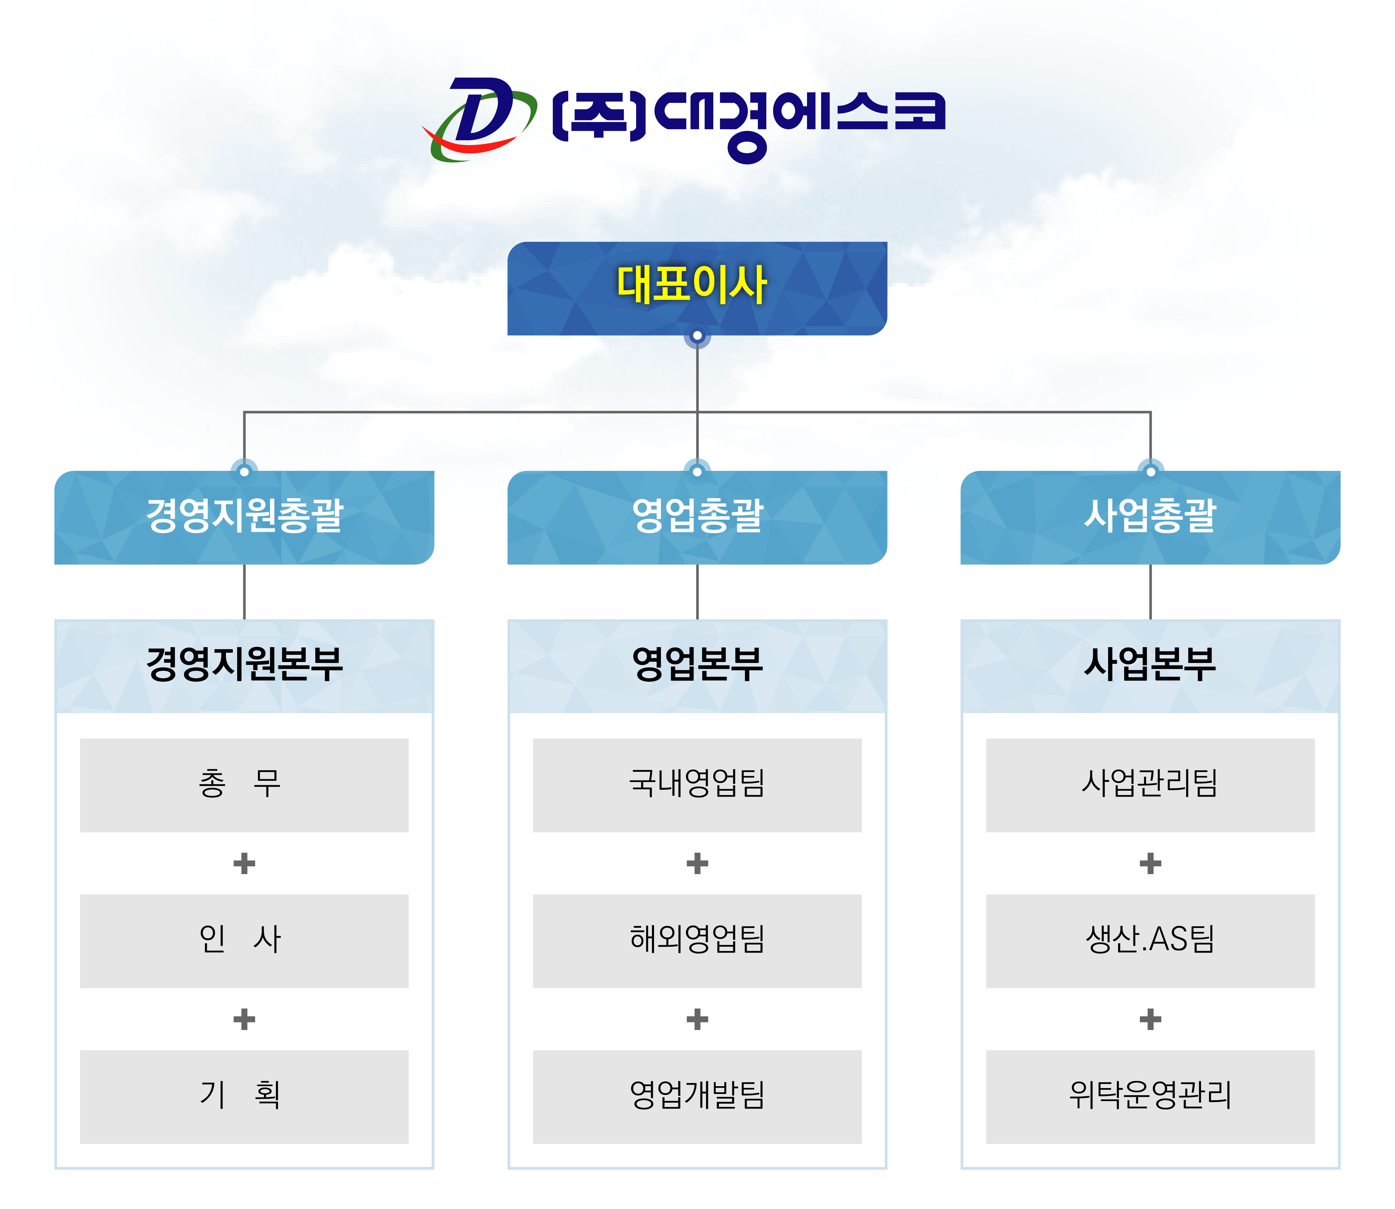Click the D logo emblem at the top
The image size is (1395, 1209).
click(479, 119)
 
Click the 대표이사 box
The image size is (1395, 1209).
click(697, 288)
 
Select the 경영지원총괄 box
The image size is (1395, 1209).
click(244, 518)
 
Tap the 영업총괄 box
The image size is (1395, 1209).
click(697, 518)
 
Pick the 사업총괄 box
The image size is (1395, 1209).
click(1150, 518)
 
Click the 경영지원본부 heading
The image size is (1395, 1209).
click(244, 665)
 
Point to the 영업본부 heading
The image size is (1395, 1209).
click(697, 665)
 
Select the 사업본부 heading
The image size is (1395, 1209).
click(1150, 665)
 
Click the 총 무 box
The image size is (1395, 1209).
click(244, 785)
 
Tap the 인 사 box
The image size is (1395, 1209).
click(244, 941)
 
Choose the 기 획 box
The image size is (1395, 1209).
click(244, 1097)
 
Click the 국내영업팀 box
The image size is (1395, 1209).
click(697, 785)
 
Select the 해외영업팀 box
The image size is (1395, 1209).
click(697, 941)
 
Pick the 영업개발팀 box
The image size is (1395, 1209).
click(697, 1097)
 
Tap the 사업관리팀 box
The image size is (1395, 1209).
click(1150, 785)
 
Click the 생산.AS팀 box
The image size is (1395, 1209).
click(1150, 941)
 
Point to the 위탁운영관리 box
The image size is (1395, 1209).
click(1150, 1097)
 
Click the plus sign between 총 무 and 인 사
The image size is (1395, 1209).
click(244, 864)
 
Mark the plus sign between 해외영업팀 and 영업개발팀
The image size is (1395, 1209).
click(697, 1020)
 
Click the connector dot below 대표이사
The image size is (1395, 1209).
click(697, 335)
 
